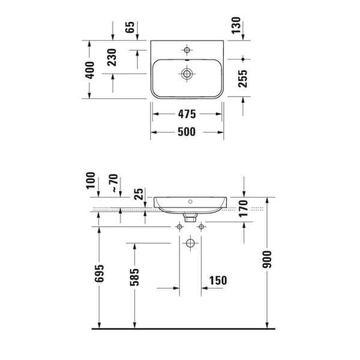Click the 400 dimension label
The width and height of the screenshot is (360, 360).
89,71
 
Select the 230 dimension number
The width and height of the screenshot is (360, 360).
112,58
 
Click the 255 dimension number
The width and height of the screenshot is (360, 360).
242,76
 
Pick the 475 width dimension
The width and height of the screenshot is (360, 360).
187,113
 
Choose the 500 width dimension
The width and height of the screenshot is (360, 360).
187,133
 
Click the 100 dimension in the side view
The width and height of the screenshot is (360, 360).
91,181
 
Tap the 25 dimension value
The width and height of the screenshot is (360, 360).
139,194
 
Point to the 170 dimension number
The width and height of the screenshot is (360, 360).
244,207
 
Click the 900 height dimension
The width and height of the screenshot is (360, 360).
268,258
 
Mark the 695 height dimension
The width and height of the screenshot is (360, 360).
100,274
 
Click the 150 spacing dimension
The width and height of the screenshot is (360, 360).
218,281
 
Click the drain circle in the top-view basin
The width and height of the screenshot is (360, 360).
187,74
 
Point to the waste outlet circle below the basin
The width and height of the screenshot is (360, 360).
190,244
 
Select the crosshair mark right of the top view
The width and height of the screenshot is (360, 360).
242,59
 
